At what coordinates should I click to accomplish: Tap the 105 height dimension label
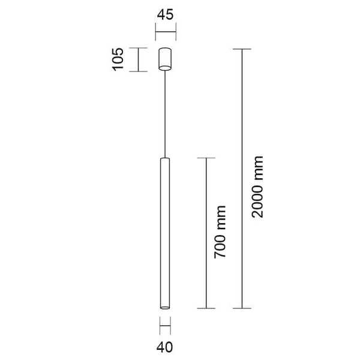(x=118, y=60)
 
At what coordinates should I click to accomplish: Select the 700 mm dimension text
(x=220, y=232)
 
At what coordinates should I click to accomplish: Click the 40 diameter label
(x=165, y=346)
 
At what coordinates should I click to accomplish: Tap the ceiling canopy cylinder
(x=165, y=59)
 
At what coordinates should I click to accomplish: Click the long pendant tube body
(x=165, y=234)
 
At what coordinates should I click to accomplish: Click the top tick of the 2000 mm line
(x=242, y=49)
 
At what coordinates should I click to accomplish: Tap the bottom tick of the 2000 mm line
(x=242, y=308)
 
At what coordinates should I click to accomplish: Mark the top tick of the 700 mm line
(x=206, y=158)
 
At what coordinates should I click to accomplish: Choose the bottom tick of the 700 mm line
(x=206, y=308)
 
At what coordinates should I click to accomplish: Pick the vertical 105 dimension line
(x=139, y=60)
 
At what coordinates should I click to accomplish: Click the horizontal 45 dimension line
(x=165, y=32)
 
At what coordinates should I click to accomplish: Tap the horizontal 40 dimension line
(x=165, y=326)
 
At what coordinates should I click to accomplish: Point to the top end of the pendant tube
(x=165, y=160)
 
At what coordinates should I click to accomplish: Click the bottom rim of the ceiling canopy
(x=165, y=70)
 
